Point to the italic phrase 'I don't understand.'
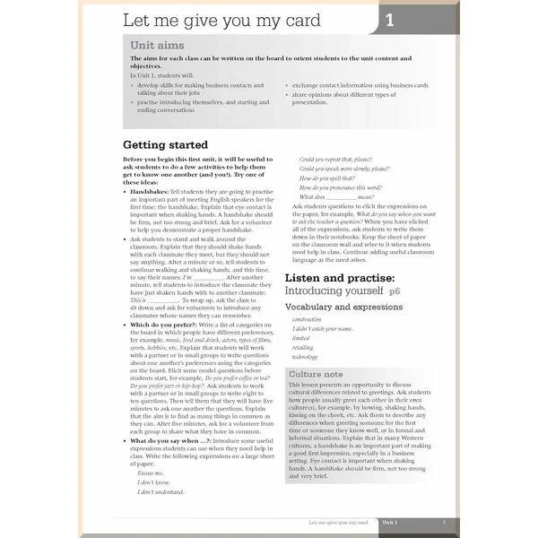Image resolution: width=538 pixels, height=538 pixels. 161,491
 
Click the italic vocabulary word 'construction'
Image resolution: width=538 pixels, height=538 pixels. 307,319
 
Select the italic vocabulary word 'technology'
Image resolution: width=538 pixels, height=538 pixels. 305,356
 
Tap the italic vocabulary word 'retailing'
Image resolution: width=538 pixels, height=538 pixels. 303,347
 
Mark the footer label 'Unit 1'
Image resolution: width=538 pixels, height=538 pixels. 391,521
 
